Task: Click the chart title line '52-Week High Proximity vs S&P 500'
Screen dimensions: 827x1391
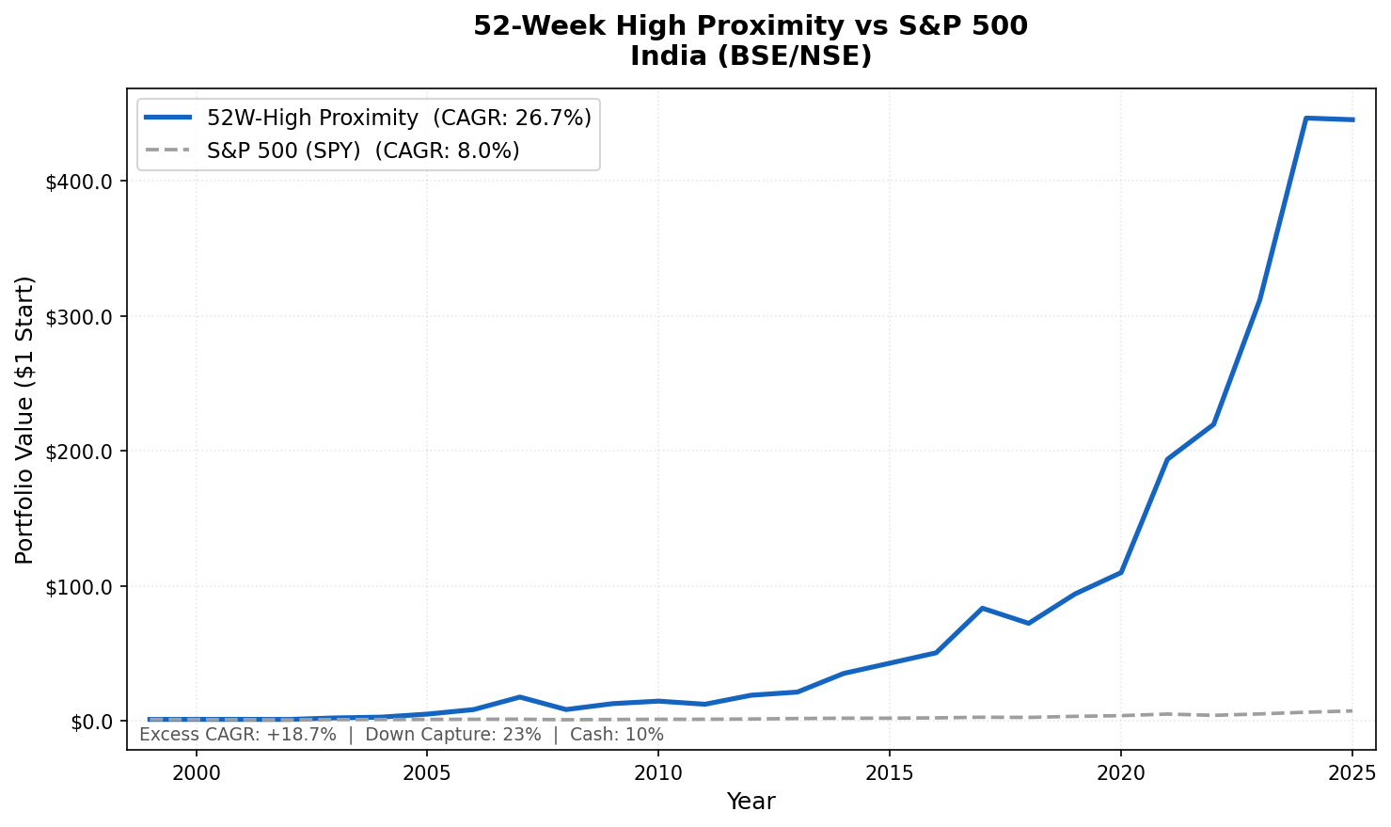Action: point(750,26)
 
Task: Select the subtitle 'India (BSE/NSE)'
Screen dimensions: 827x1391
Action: point(750,56)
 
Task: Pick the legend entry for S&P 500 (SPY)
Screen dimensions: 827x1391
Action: point(363,151)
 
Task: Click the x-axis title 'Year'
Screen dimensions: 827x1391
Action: point(751,802)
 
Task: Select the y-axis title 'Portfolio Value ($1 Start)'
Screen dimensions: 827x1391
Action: point(25,420)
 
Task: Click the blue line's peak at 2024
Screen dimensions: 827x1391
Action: point(1305,119)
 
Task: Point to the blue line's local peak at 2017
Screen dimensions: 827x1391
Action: point(982,609)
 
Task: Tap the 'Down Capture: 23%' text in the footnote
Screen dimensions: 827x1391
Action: point(452,735)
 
